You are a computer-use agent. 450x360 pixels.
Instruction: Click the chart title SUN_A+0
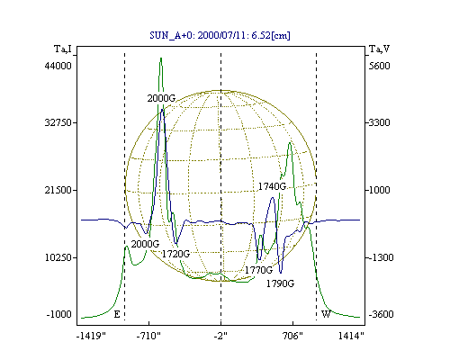169,36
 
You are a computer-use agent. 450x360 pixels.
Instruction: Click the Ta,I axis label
63,49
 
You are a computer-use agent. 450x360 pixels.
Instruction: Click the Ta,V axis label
379,49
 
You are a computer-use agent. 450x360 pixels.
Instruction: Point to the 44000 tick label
58,66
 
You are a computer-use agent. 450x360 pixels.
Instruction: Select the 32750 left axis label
58,122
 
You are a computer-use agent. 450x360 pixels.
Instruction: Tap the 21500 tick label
58,190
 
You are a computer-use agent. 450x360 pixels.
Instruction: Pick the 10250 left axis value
58,257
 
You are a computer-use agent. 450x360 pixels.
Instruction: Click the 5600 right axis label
379,66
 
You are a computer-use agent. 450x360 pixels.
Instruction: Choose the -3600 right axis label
381,314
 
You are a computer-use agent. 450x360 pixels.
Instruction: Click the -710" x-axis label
148,336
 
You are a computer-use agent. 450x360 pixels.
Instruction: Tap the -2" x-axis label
220,336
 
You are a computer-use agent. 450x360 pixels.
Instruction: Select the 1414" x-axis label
351,336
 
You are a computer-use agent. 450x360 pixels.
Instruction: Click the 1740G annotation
272,186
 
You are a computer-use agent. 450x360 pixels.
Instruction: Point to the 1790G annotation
280,283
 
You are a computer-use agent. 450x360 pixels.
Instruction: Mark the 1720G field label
175,254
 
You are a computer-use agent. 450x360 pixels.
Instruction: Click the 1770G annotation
258,270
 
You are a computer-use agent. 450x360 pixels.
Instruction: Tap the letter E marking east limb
117,314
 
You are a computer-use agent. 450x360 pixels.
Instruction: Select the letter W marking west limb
326,314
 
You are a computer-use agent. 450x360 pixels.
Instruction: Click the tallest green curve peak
161,58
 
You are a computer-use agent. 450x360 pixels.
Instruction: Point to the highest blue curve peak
162,110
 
